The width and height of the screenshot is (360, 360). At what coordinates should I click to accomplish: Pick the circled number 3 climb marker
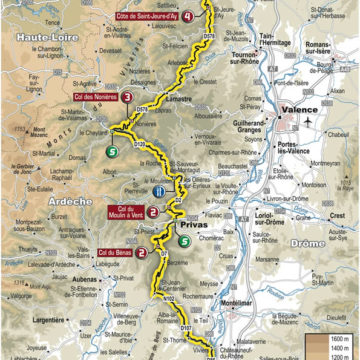(128, 97)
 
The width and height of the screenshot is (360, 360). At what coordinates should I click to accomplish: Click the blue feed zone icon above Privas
(158, 191)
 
